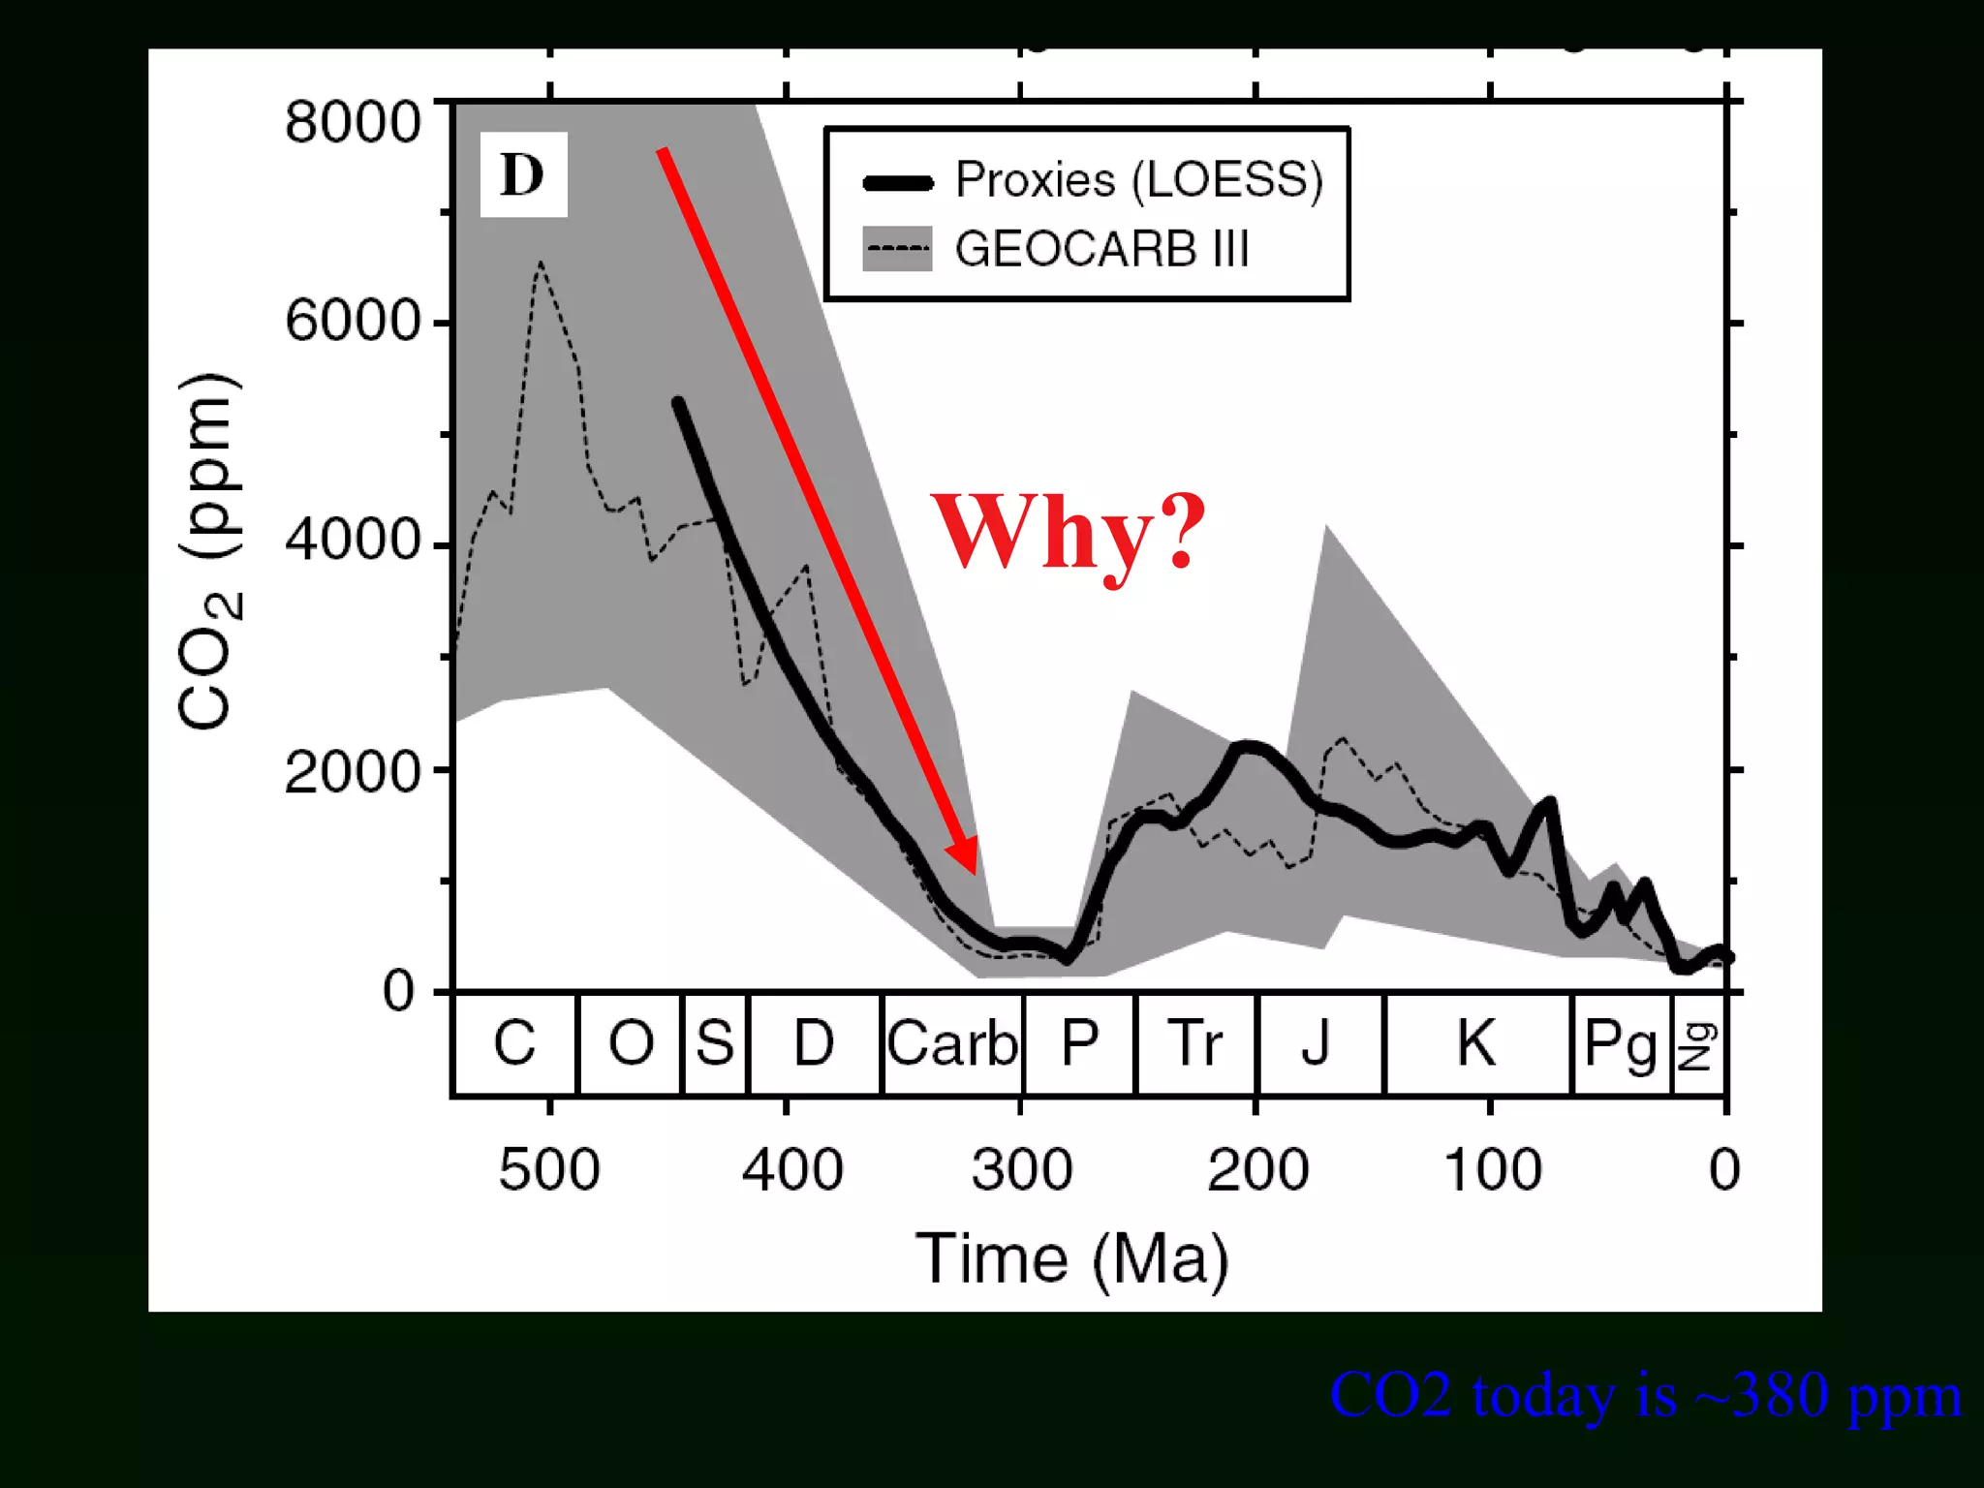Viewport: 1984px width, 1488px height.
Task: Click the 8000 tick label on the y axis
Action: (353, 123)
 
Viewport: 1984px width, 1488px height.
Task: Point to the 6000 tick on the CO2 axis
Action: (353, 321)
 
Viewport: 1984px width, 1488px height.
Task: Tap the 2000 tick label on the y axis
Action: (353, 772)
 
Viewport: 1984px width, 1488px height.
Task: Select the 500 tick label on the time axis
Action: (549, 1169)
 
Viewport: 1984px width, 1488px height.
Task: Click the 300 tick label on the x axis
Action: (1022, 1169)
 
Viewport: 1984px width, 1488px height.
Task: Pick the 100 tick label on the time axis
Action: (1493, 1169)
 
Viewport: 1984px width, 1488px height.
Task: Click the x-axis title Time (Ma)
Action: (1072, 1258)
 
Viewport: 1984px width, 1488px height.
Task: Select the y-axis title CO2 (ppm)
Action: (207, 550)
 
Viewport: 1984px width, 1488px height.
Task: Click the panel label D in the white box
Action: (523, 174)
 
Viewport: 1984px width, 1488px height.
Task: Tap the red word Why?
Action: (1069, 533)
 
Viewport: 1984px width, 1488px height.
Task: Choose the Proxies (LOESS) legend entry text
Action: (1139, 180)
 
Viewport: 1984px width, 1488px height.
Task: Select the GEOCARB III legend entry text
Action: (1101, 249)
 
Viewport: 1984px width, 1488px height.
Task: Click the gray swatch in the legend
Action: (897, 249)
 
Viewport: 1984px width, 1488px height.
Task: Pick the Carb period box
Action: (953, 1044)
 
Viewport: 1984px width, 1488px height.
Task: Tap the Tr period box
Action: (1195, 1044)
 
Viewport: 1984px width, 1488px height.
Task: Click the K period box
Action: (1476, 1044)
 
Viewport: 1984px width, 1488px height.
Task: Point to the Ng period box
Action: (1698, 1044)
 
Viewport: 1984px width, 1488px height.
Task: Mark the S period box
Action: (715, 1044)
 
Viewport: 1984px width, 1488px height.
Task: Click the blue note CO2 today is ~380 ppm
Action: (1645, 1396)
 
